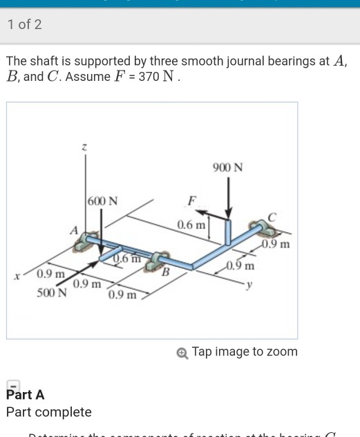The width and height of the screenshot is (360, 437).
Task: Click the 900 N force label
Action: pos(229,168)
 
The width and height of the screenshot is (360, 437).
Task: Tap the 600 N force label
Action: pos(103,201)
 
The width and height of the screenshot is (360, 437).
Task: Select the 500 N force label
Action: pos(52,292)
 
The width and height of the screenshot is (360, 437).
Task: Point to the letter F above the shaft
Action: pos(193,201)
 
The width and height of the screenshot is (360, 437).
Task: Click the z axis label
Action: pos(84,147)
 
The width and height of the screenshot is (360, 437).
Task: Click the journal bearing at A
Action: pos(90,241)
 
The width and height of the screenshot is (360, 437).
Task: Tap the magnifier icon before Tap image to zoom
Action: pos(182,353)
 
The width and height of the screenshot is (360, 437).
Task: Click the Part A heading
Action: pos(25,395)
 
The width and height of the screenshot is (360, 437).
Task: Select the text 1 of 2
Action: pos(25,25)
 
